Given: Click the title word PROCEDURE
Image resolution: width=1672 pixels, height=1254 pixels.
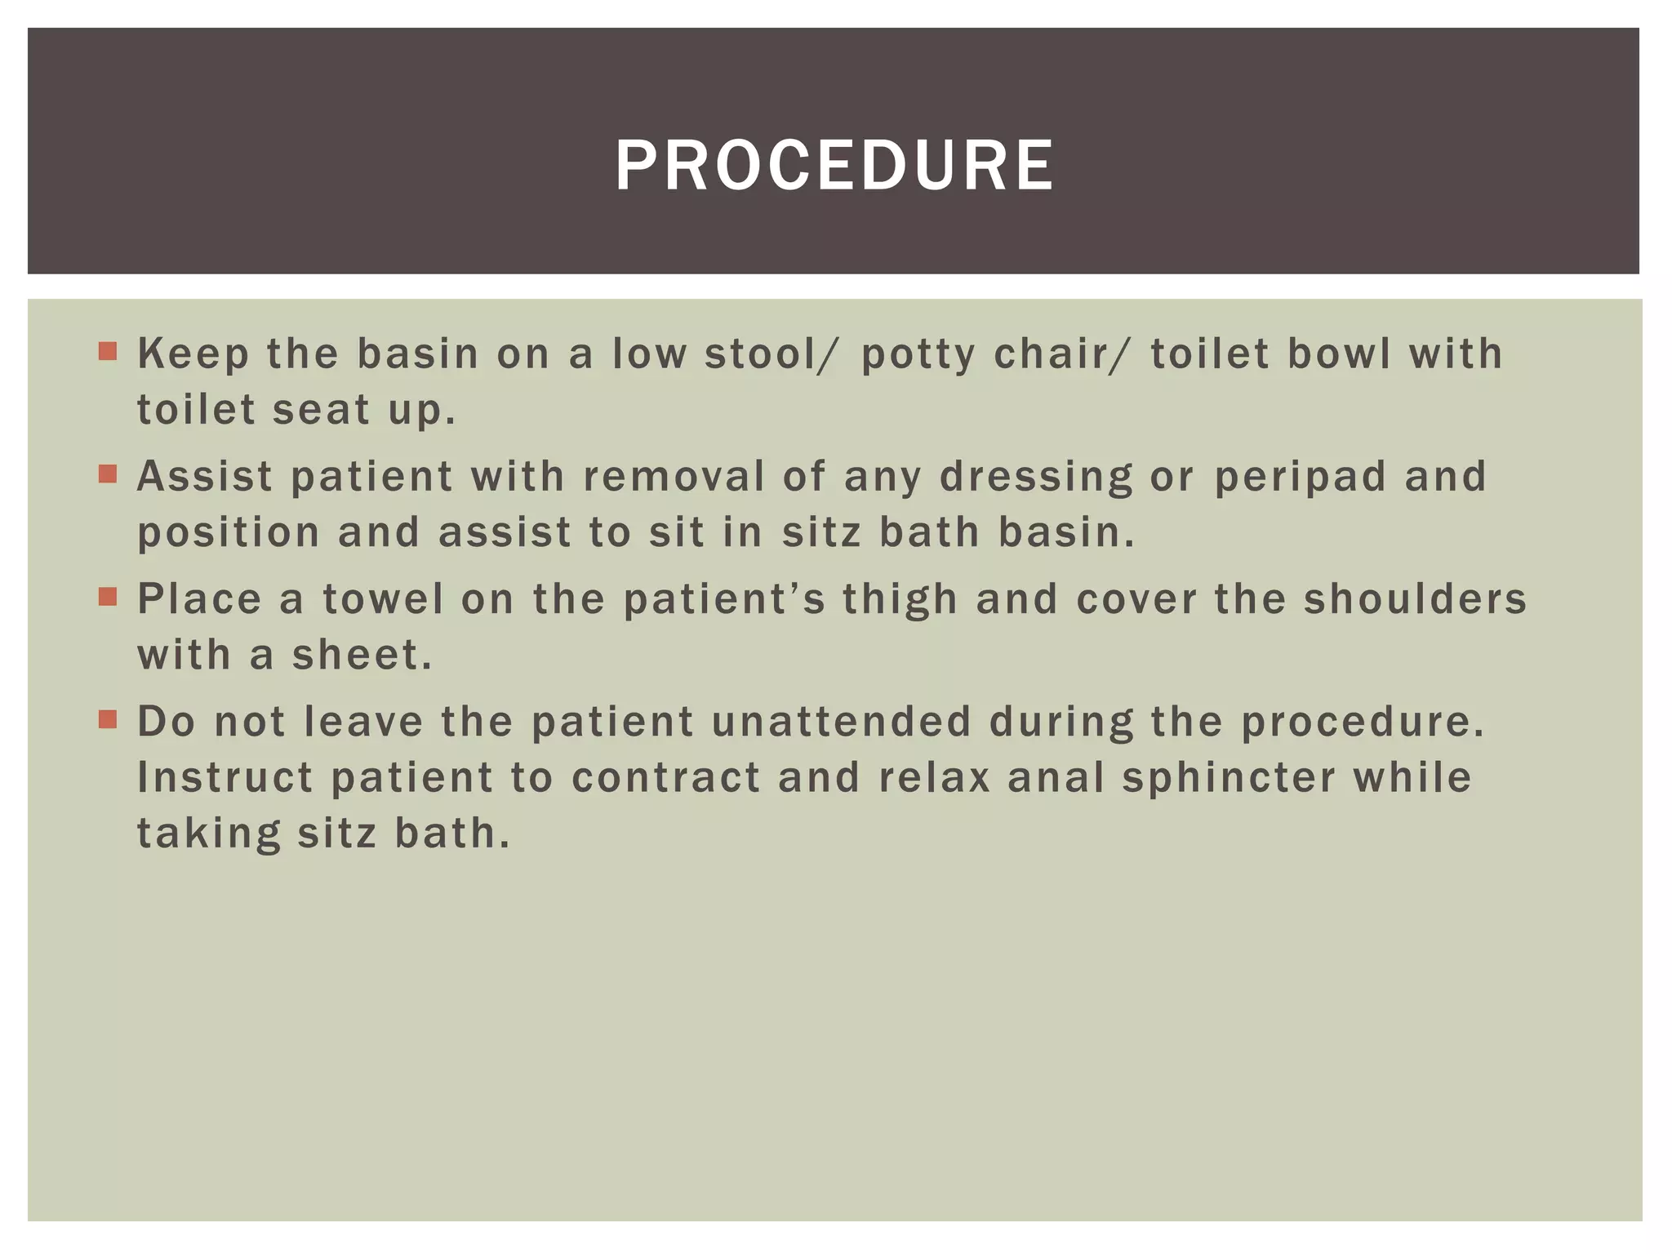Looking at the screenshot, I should pos(834,166).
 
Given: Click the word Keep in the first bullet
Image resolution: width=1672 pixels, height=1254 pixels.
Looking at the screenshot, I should pos(193,355).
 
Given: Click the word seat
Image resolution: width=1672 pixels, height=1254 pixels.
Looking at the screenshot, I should pos(321,410).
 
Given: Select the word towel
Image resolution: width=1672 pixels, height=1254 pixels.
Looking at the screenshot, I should pos(383,599).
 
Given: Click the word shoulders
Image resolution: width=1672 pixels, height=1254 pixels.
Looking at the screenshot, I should pos(1415,599).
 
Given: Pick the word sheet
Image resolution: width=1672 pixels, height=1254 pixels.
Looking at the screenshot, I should pos(362,655).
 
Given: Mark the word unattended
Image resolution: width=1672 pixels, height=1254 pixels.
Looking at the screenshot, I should pos(842,722).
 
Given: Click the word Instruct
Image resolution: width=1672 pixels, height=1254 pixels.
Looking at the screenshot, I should pos(225,777).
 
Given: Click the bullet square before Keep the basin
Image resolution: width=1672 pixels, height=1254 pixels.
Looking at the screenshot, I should pos(108,352).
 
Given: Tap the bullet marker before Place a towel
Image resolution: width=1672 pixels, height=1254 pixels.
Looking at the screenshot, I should pos(108,597).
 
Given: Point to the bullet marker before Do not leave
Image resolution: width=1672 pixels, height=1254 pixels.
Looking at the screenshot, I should pos(108,719).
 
